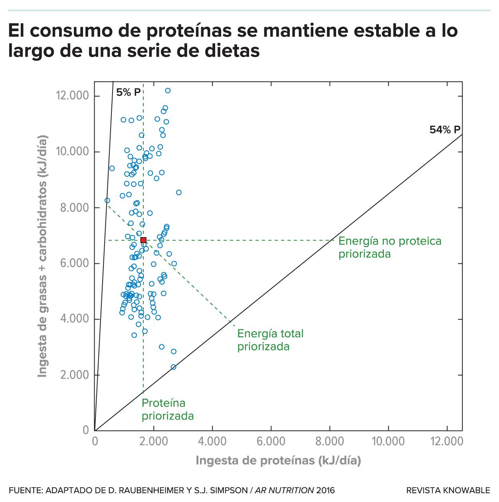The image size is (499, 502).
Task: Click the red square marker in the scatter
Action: coord(143,240)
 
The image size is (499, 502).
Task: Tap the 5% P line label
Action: coord(128,93)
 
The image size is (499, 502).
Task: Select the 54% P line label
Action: coord(445,130)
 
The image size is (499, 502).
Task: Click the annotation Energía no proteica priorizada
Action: coord(390,247)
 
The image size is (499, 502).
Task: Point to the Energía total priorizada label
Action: coord(270,340)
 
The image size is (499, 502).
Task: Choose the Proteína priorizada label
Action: coord(168,409)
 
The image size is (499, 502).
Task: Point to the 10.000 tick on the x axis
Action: coord(388,442)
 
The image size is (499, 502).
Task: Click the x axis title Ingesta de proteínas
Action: coord(278,460)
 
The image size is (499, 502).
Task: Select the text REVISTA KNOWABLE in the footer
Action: coord(448,490)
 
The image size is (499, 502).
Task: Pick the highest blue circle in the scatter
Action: coord(168,91)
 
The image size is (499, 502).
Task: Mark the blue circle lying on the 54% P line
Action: coord(173,367)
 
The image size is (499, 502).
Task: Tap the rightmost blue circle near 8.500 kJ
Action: coord(179,192)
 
